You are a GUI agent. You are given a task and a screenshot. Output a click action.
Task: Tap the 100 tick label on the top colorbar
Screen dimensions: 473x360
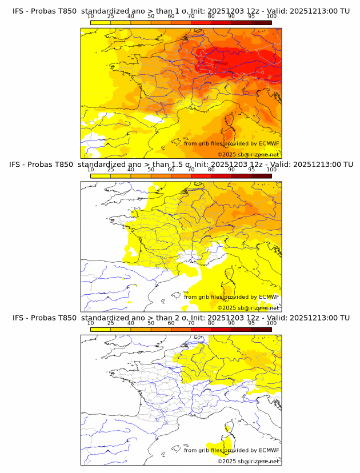[x=271, y=16]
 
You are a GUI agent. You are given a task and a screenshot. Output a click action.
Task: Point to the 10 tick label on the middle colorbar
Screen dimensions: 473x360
[x=91, y=170]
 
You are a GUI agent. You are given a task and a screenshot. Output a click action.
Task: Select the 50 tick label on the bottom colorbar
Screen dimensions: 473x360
[x=151, y=323]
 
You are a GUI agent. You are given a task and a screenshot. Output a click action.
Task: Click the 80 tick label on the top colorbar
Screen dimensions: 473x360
[x=211, y=16]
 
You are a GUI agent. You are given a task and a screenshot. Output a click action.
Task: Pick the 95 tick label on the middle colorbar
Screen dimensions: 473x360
[x=251, y=170]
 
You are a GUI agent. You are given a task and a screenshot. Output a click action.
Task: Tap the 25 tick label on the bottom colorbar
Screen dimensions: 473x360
[x=111, y=323]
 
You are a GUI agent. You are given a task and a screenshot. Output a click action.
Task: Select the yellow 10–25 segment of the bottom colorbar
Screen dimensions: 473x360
[x=101, y=329]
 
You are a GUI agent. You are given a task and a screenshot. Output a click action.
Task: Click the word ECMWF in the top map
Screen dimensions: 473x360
[x=269, y=143]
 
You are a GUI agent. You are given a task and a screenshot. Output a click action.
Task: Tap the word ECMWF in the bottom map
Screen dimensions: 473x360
[x=269, y=450]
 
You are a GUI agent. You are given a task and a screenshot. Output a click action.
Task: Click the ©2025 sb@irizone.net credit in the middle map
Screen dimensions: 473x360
[x=248, y=307]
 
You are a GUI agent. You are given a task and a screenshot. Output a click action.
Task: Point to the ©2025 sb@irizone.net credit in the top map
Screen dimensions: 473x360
[x=248, y=154]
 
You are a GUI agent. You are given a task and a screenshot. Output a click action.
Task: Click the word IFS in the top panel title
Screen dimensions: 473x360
[x=18, y=11]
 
